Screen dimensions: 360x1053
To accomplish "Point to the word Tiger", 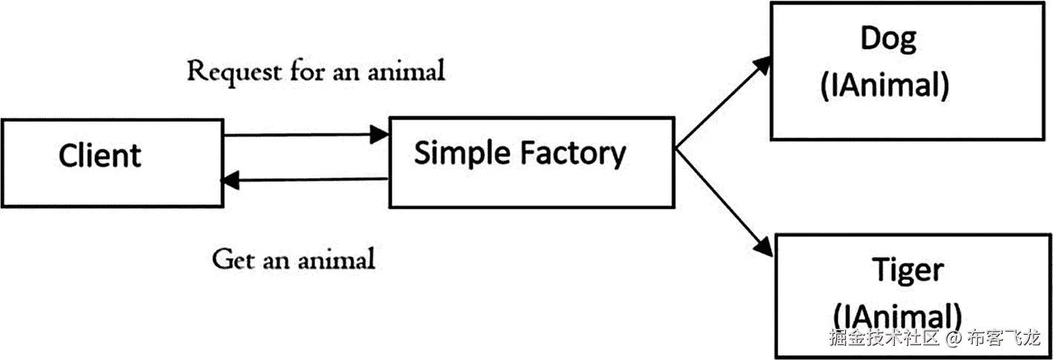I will (907, 270).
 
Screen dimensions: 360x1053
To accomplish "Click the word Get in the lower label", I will (231, 260).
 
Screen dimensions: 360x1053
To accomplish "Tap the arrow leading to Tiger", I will (724, 200).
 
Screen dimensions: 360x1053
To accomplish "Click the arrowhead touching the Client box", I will (231, 178).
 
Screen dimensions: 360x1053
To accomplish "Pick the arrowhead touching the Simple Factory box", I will (381, 134).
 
